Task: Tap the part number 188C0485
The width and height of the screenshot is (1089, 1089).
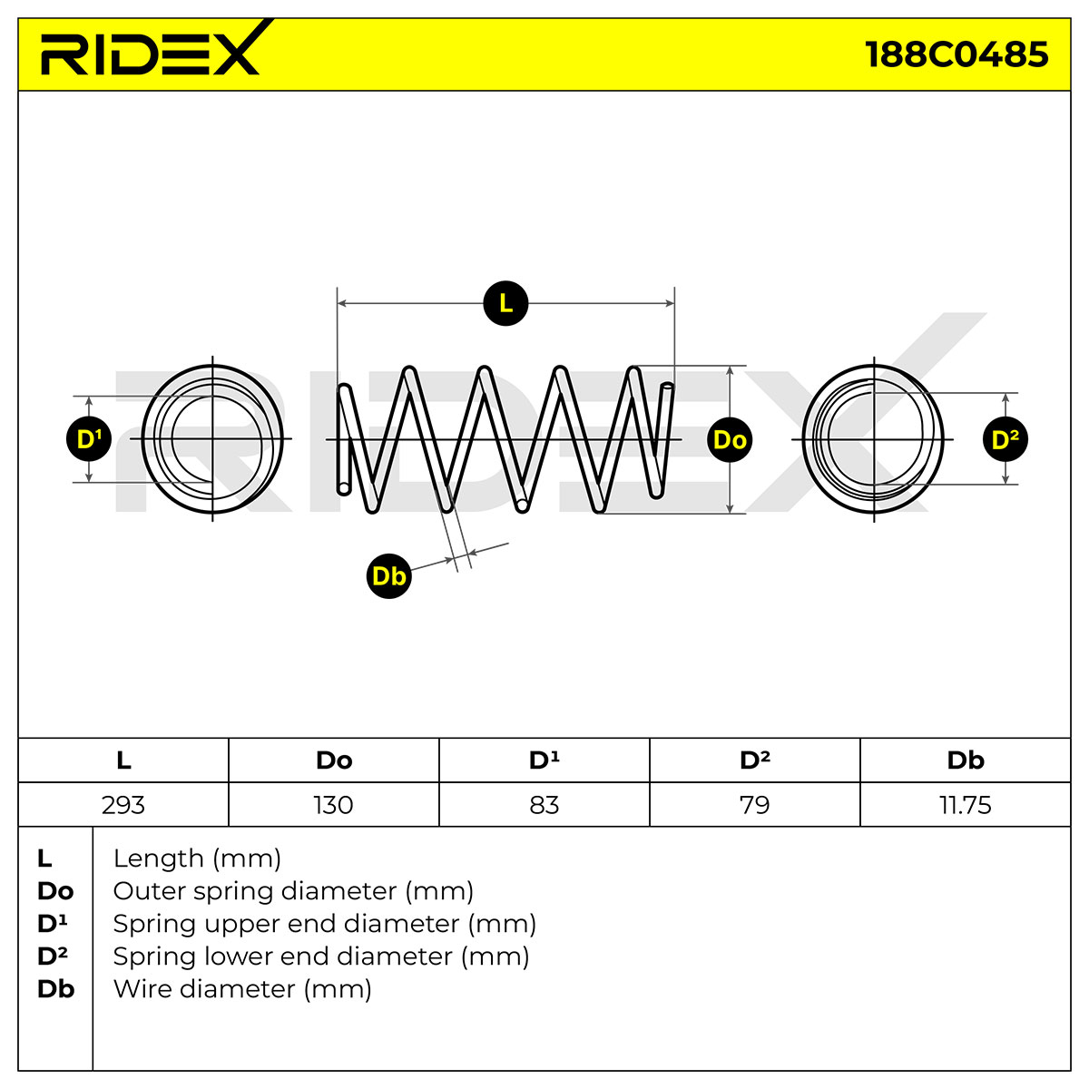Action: pyautogui.click(x=957, y=54)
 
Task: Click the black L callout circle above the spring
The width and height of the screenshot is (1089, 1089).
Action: pyautogui.click(x=505, y=303)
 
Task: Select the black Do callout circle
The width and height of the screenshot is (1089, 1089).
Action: pyautogui.click(x=730, y=439)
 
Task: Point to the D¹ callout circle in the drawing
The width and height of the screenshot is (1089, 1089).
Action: pyautogui.click(x=89, y=439)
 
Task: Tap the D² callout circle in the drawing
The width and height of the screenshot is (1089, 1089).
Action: pyautogui.click(x=1006, y=439)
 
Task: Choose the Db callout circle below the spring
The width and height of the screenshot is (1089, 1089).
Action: pyautogui.click(x=388, y=576)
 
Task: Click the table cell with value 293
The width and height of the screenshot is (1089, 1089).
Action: pyautogui.click(x=123, y=805)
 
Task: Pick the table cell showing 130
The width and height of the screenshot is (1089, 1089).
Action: pyautogui.click(x=334, y=805)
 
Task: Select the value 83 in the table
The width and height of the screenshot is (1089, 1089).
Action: pyautogui.click(x=544, y=805)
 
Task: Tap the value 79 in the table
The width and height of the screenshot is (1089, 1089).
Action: pyautogui.click(x=755, y=805)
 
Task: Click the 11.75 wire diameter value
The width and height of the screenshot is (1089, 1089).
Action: pyautogui.click(x=966, y=805)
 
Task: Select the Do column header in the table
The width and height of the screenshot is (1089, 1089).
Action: pyautogui.click(x=334, y=760)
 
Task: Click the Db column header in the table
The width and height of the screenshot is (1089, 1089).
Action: pyautogui.click(x=966, y=760)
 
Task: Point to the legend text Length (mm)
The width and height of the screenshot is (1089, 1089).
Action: pyautogui.click(x=197, y=859)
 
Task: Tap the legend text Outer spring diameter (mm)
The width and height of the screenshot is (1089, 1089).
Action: pyautogui.click(x=293, y=891)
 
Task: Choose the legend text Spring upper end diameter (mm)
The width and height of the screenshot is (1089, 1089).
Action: pyautogui.click(x=324, y=924)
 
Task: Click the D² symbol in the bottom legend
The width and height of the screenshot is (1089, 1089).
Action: pyautogui.click(x=53, y=957)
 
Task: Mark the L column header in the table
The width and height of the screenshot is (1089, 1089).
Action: pyautogui.click(x=123, y=760)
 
